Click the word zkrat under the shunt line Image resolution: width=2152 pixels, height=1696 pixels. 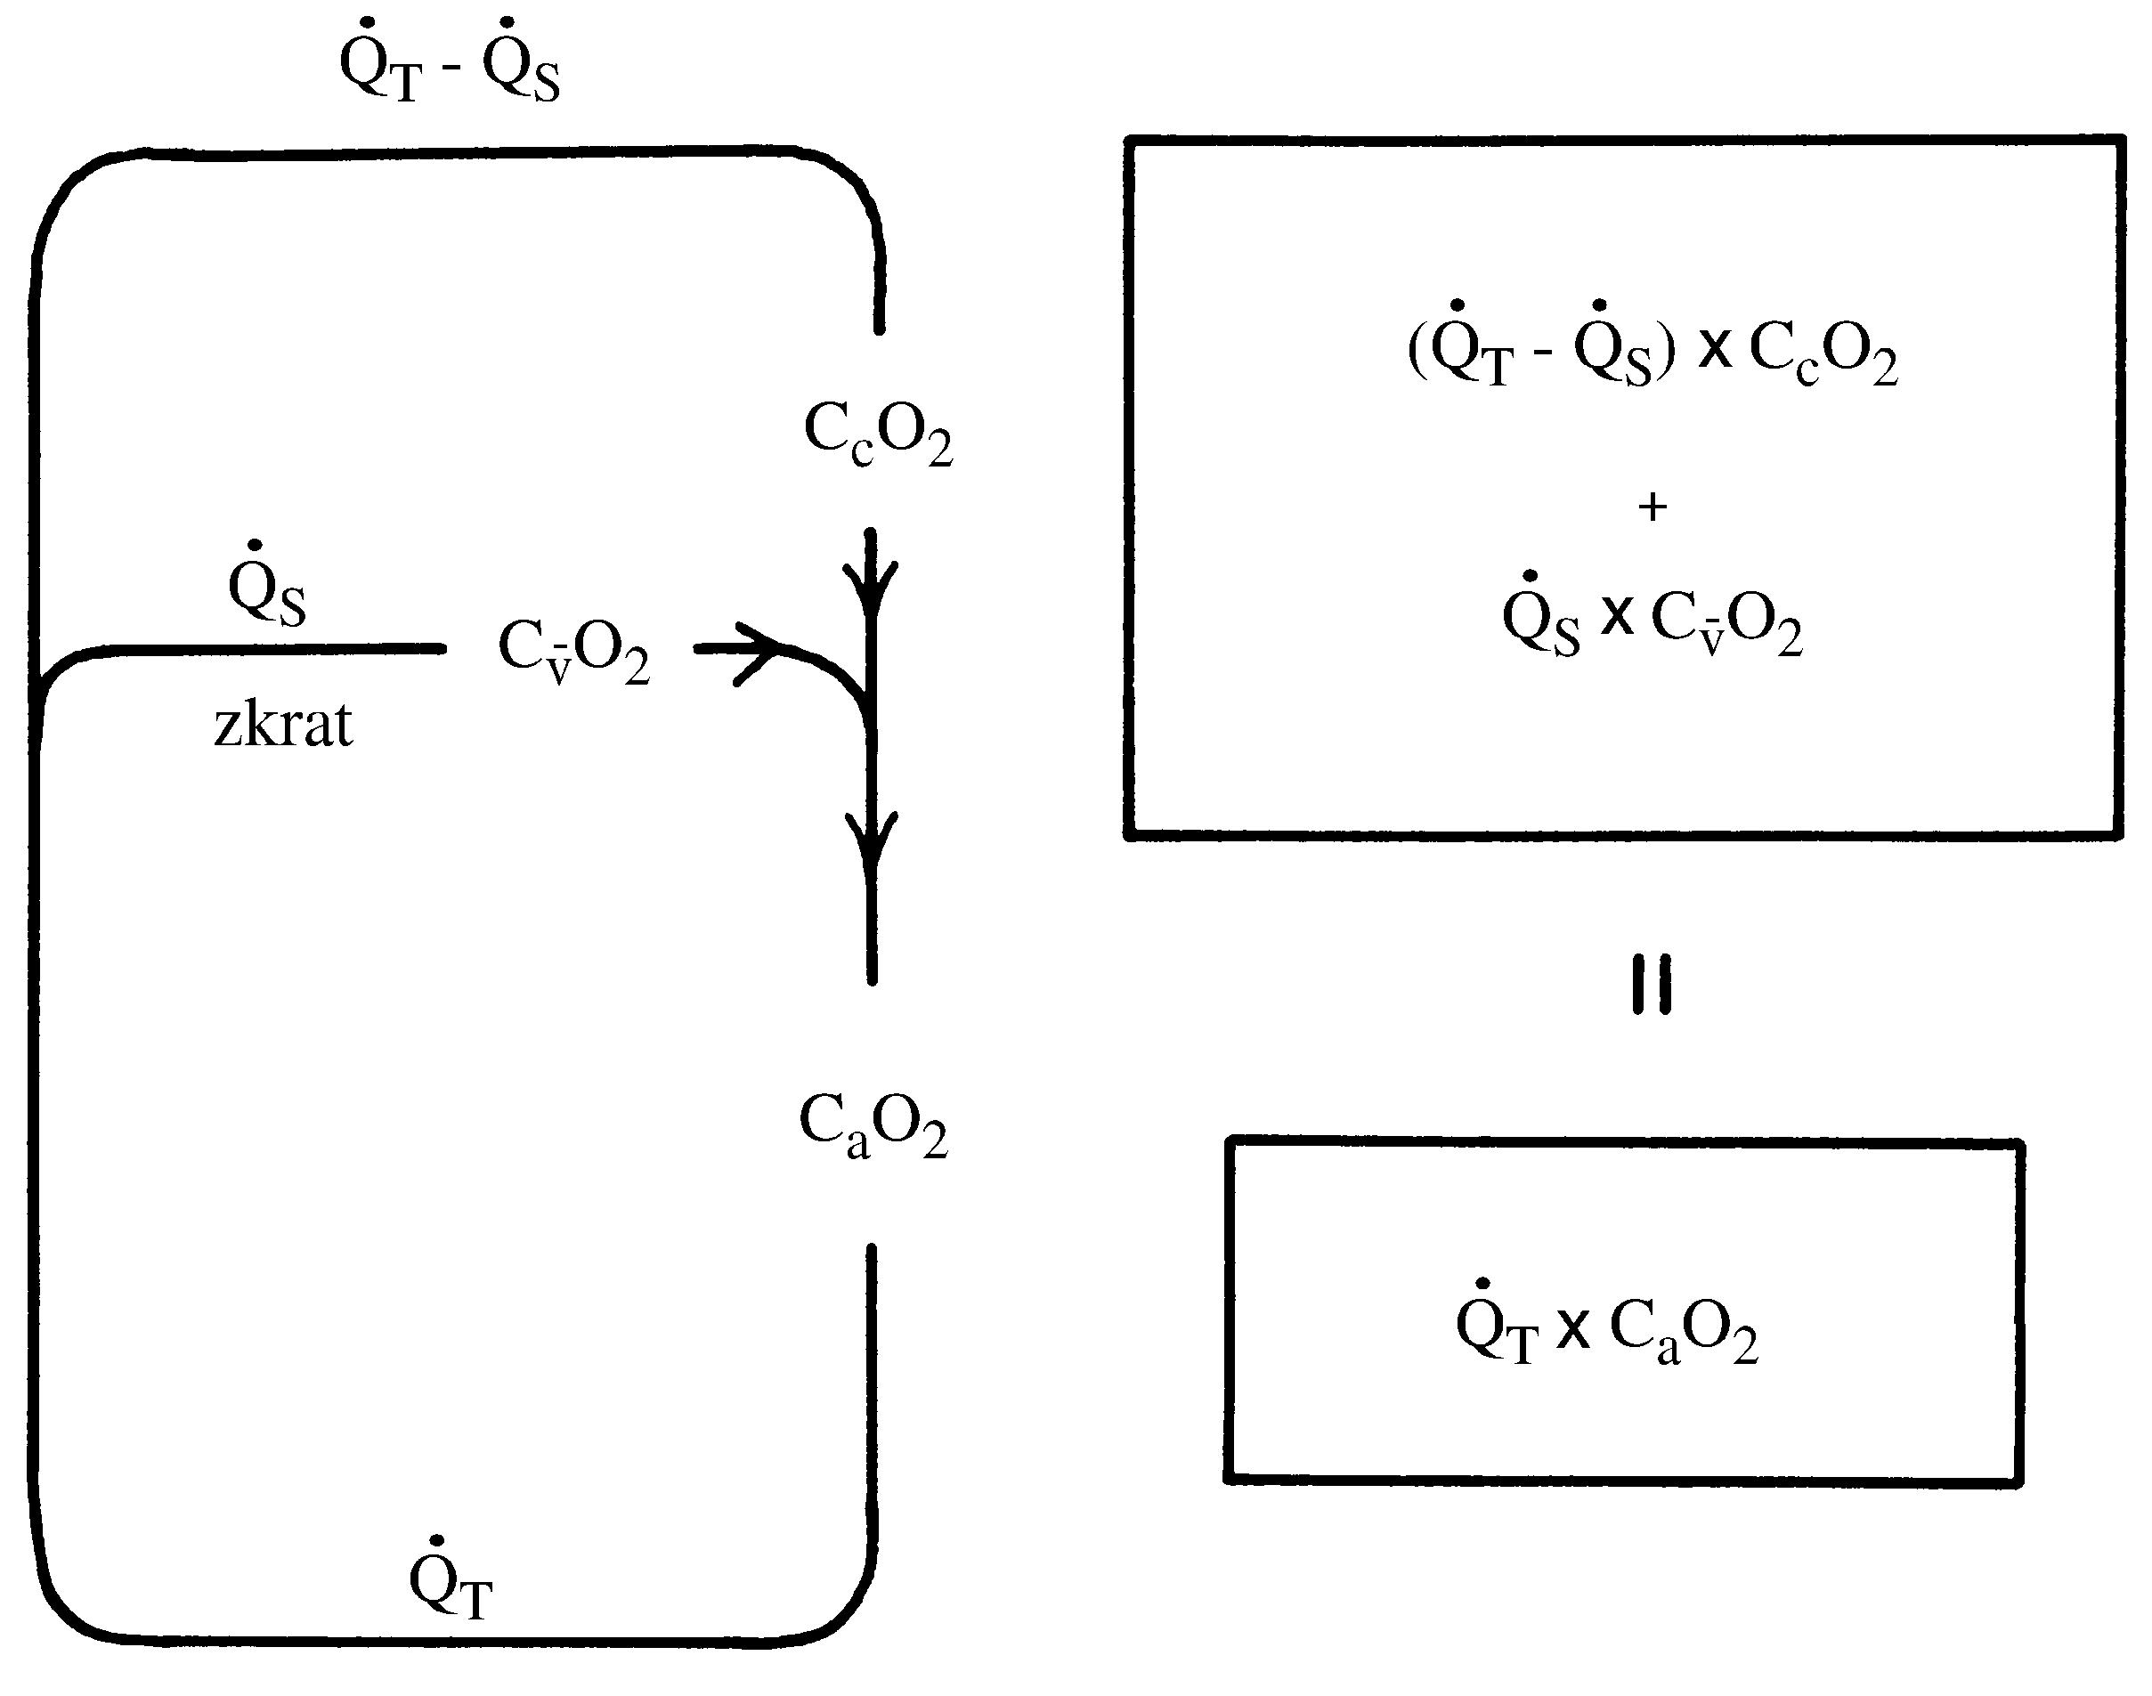[283, 726]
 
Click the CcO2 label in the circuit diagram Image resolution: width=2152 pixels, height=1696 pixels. [878, 434]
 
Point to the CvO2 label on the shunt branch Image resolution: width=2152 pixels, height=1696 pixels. [574, 652]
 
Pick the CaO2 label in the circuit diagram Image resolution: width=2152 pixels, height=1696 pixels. [873, 1127]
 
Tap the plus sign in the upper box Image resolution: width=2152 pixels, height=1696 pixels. [1653, 507]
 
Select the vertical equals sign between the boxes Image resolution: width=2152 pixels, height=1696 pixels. [1653, 984]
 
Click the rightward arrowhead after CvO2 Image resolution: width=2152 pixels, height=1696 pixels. [759, 652]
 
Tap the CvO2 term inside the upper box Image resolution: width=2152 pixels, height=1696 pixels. [1726, 623]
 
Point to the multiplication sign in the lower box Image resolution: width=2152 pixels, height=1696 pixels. [1573, 1328]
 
